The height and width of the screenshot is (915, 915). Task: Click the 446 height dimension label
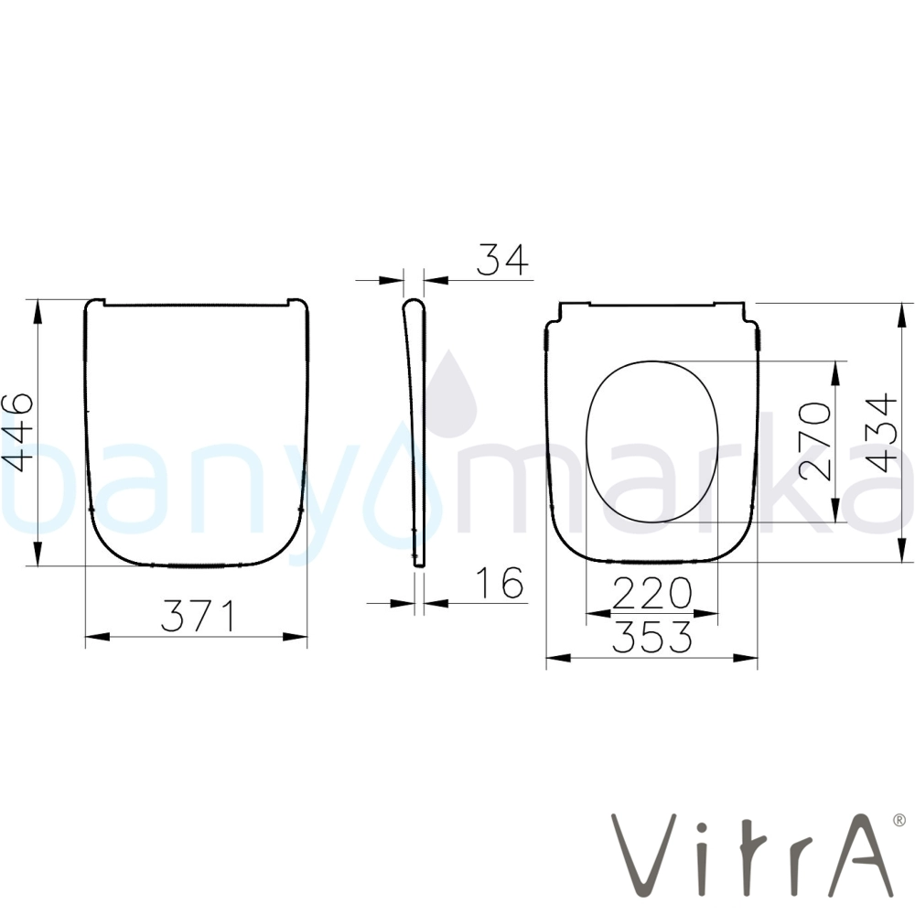(x=17, y=433)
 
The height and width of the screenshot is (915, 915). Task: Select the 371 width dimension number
(x=199, y=616)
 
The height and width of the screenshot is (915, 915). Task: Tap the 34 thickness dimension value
(x=502, y=260)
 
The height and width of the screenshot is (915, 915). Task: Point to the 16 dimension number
(x=501, y=582)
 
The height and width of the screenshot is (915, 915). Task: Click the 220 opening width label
(x=651, y=593)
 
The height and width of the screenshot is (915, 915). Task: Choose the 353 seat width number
(x=651, y=637)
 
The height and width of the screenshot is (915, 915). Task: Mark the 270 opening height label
(x=815, y=441)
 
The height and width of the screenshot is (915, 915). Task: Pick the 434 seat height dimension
(x=882, y=433)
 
